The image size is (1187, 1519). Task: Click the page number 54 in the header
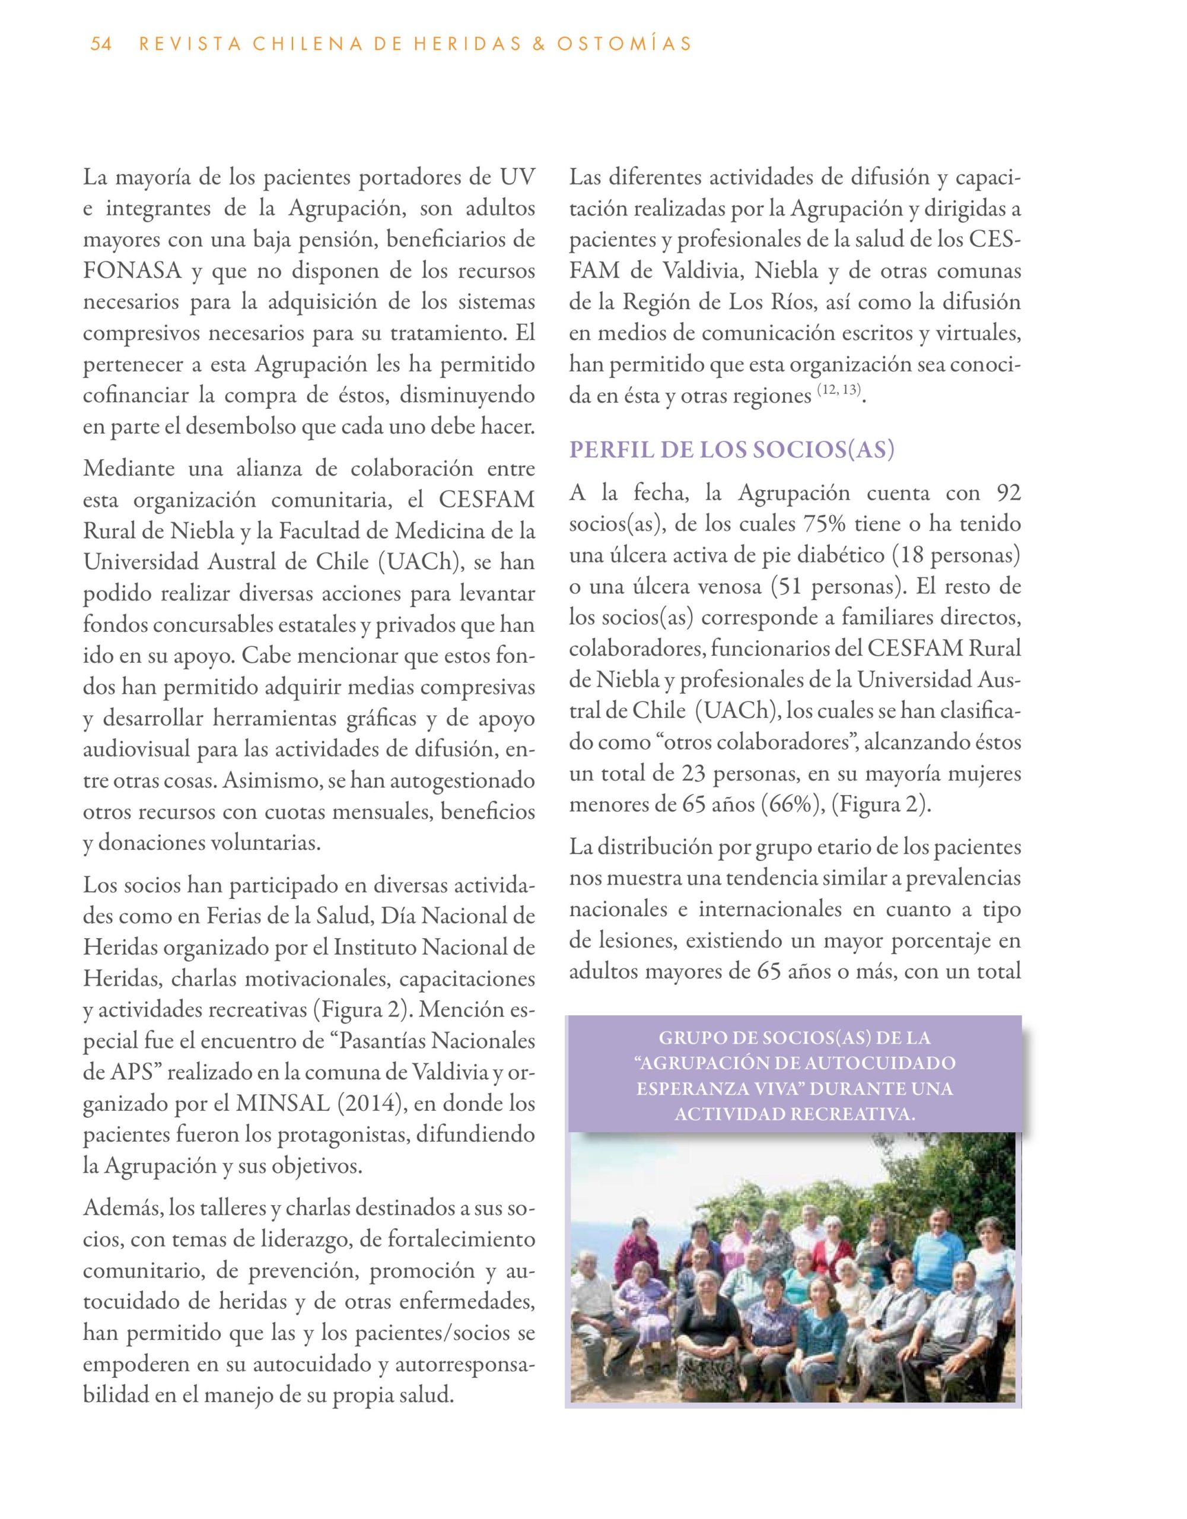click(x=101, y=44)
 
